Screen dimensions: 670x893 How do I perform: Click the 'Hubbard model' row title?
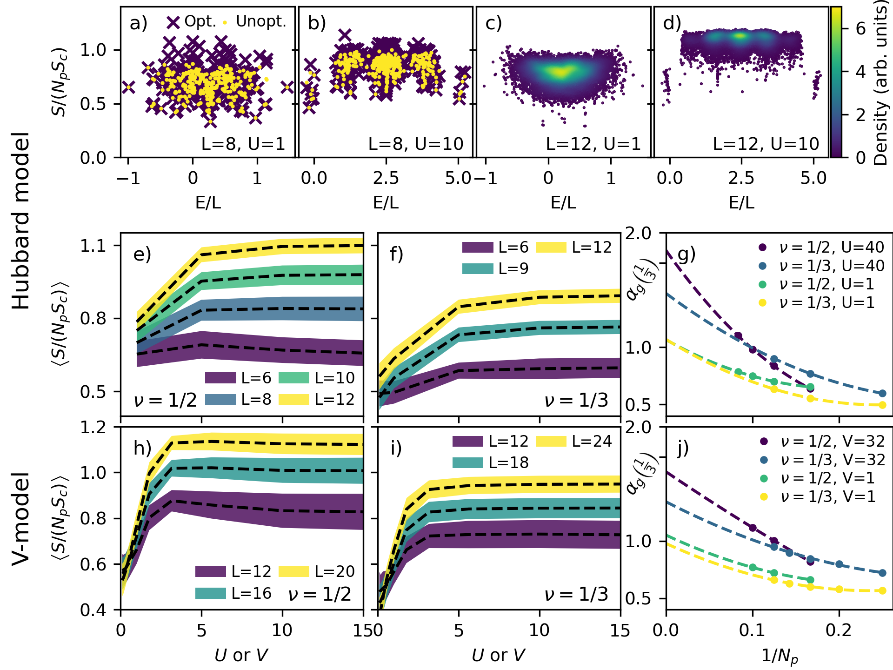pyautogui.click(x=21, y=221)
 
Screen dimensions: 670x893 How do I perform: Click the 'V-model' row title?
pyautogui.click(x=21, y=519)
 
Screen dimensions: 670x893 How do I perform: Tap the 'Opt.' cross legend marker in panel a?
pyautogui.click(x=173, y=22)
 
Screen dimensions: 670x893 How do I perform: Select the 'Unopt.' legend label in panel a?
pyautogui.click(x=261, y=21)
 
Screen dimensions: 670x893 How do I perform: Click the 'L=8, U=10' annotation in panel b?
pyautogui.click(x=416, y=144)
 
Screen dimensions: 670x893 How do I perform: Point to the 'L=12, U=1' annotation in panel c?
pyautogui.click(x=593, y=144)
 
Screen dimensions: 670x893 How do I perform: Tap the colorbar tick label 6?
pyautogui.click(x=861, y=29)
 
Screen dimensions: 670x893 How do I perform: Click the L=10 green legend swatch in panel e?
pyautogui.click(x=294, y=378)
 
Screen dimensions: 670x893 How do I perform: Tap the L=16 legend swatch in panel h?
pyautogui.click(x=211, y=593)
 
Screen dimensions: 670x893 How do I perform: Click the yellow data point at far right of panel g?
pyautogui.click(x=882, y=405)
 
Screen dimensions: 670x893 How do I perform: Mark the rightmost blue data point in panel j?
pyautogui.click(x=882, y=573)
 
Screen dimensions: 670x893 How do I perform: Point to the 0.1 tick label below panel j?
pyautogui.click(x=752, y=630)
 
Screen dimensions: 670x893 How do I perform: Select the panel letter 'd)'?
pyautogui.click(x=672, y=22)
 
